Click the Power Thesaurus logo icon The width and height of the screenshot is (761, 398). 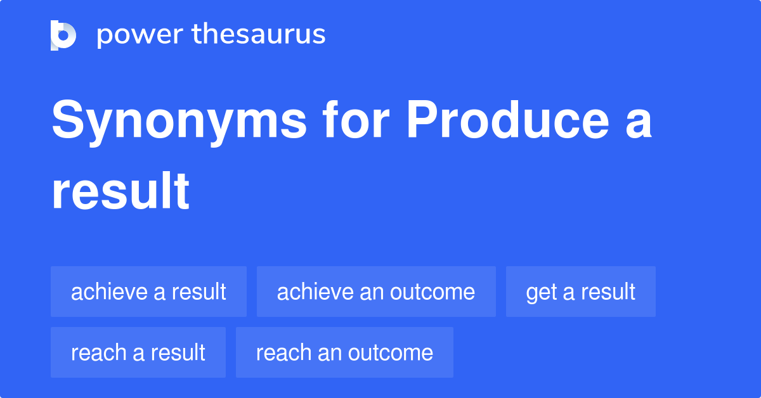(x=63, y=35)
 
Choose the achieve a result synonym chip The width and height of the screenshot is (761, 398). (x=148, y=292)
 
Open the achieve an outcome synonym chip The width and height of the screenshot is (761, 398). (x=376, y=292)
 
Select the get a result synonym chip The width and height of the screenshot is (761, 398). (x=580, y=292)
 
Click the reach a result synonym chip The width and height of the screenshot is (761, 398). (x=138, y=352)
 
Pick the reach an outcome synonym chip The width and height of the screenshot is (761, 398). (x=344, y=352)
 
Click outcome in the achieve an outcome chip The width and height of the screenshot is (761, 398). (x=433, y=292)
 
